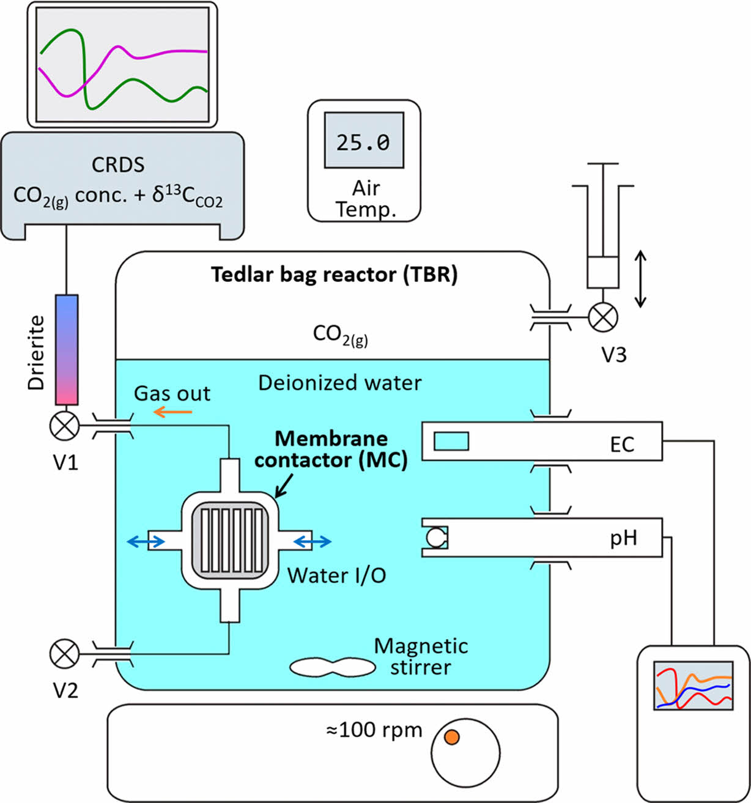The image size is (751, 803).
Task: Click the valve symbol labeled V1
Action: pyautogui.click(x=65, y=426)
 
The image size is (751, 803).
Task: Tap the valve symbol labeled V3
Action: pyautogui.click(x=603, y=317)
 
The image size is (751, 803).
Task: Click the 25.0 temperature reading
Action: pyautogui.click(x=363, y=142)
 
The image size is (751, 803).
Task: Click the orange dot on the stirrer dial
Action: pyautogui.click(x=451, y=737)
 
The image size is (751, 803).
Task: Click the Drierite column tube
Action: pyautogui.click(x=67, y=349)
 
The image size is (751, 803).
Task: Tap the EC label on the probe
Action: pyautogui.click(x=622, y=445)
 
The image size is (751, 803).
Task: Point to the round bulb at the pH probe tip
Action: pyautogui.click(x=437, y=538)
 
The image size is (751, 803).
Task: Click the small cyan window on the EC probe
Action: pyautogui.click(x=451, y=440)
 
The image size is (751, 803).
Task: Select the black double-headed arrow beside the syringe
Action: pyautogui.click(x=640, y=278)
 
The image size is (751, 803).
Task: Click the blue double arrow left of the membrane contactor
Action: pyautogui.click(x=145, y=541)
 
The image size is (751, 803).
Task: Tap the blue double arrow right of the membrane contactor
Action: pyautogui.click(x=313, y=541)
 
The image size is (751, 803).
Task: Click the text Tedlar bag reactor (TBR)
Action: pyautogui.click(x=334, y=275)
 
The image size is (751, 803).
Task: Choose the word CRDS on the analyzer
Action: pyautogui.click(x=118, y=165)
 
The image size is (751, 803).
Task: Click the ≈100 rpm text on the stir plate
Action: pyautogui.click(x=374, y=730)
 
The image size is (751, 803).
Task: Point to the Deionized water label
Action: pyautogui.click(x=339, y=383)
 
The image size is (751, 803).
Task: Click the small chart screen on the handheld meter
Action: pyautogui.click(x=694, y=685)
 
